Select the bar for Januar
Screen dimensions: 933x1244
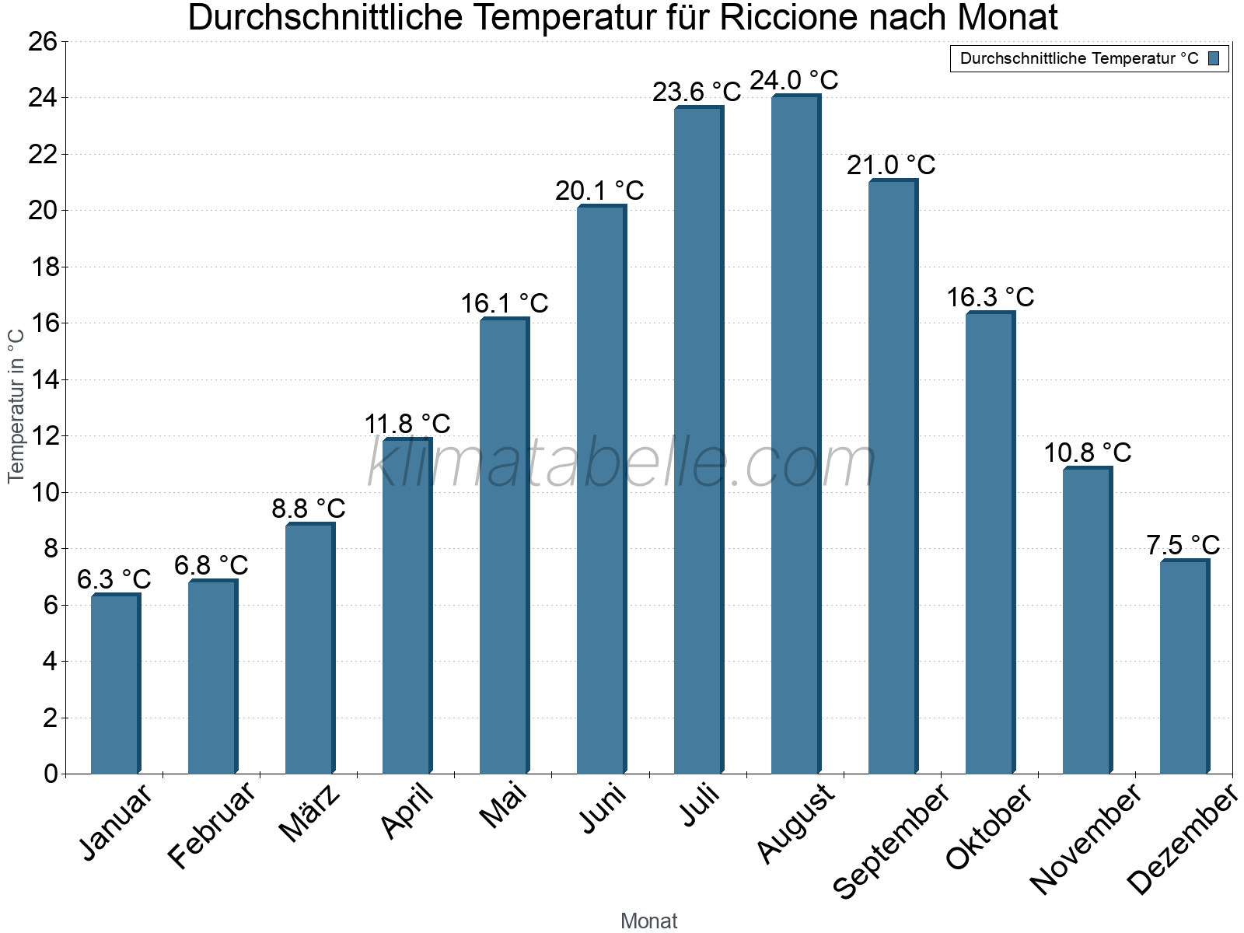(x=115, y=684)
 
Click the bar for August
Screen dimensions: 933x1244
(x=795, y=435)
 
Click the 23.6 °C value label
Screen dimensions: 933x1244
(x=697, y=93)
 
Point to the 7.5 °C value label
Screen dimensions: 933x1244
(x=1183, y=545)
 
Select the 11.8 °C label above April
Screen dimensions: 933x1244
(x=407, y=424)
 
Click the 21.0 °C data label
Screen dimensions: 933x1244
(x=891, y=165)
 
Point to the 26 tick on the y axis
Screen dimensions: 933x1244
(x=43, y=41)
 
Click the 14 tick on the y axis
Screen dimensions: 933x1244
(x=43, y=380)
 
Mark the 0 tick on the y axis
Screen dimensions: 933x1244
(x=51, y=774)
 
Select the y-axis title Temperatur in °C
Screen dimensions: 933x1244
(x=16, y=406)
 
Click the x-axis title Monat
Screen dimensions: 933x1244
(x=648, y=921)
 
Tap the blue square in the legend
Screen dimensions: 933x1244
(x=1214, y=58)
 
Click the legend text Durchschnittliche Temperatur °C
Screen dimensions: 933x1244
(x=1079, y=58)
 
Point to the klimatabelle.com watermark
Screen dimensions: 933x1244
(x=622, y=463)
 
